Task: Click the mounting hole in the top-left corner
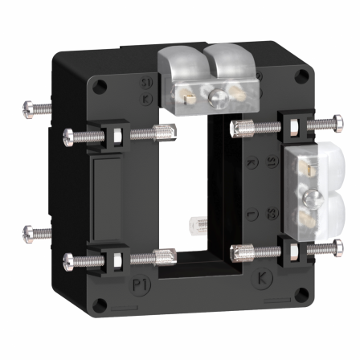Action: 99,83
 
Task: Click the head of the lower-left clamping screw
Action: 71,260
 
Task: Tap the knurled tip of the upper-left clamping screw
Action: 164,133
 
